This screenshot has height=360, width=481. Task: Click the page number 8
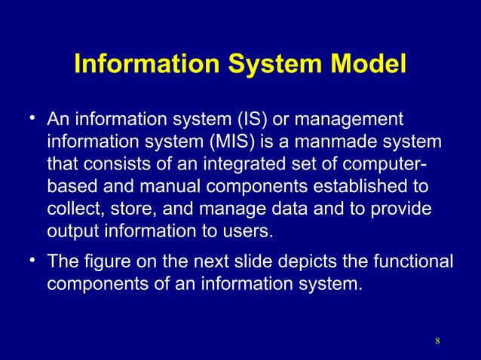pyautogui.click(x=437, y=344)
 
